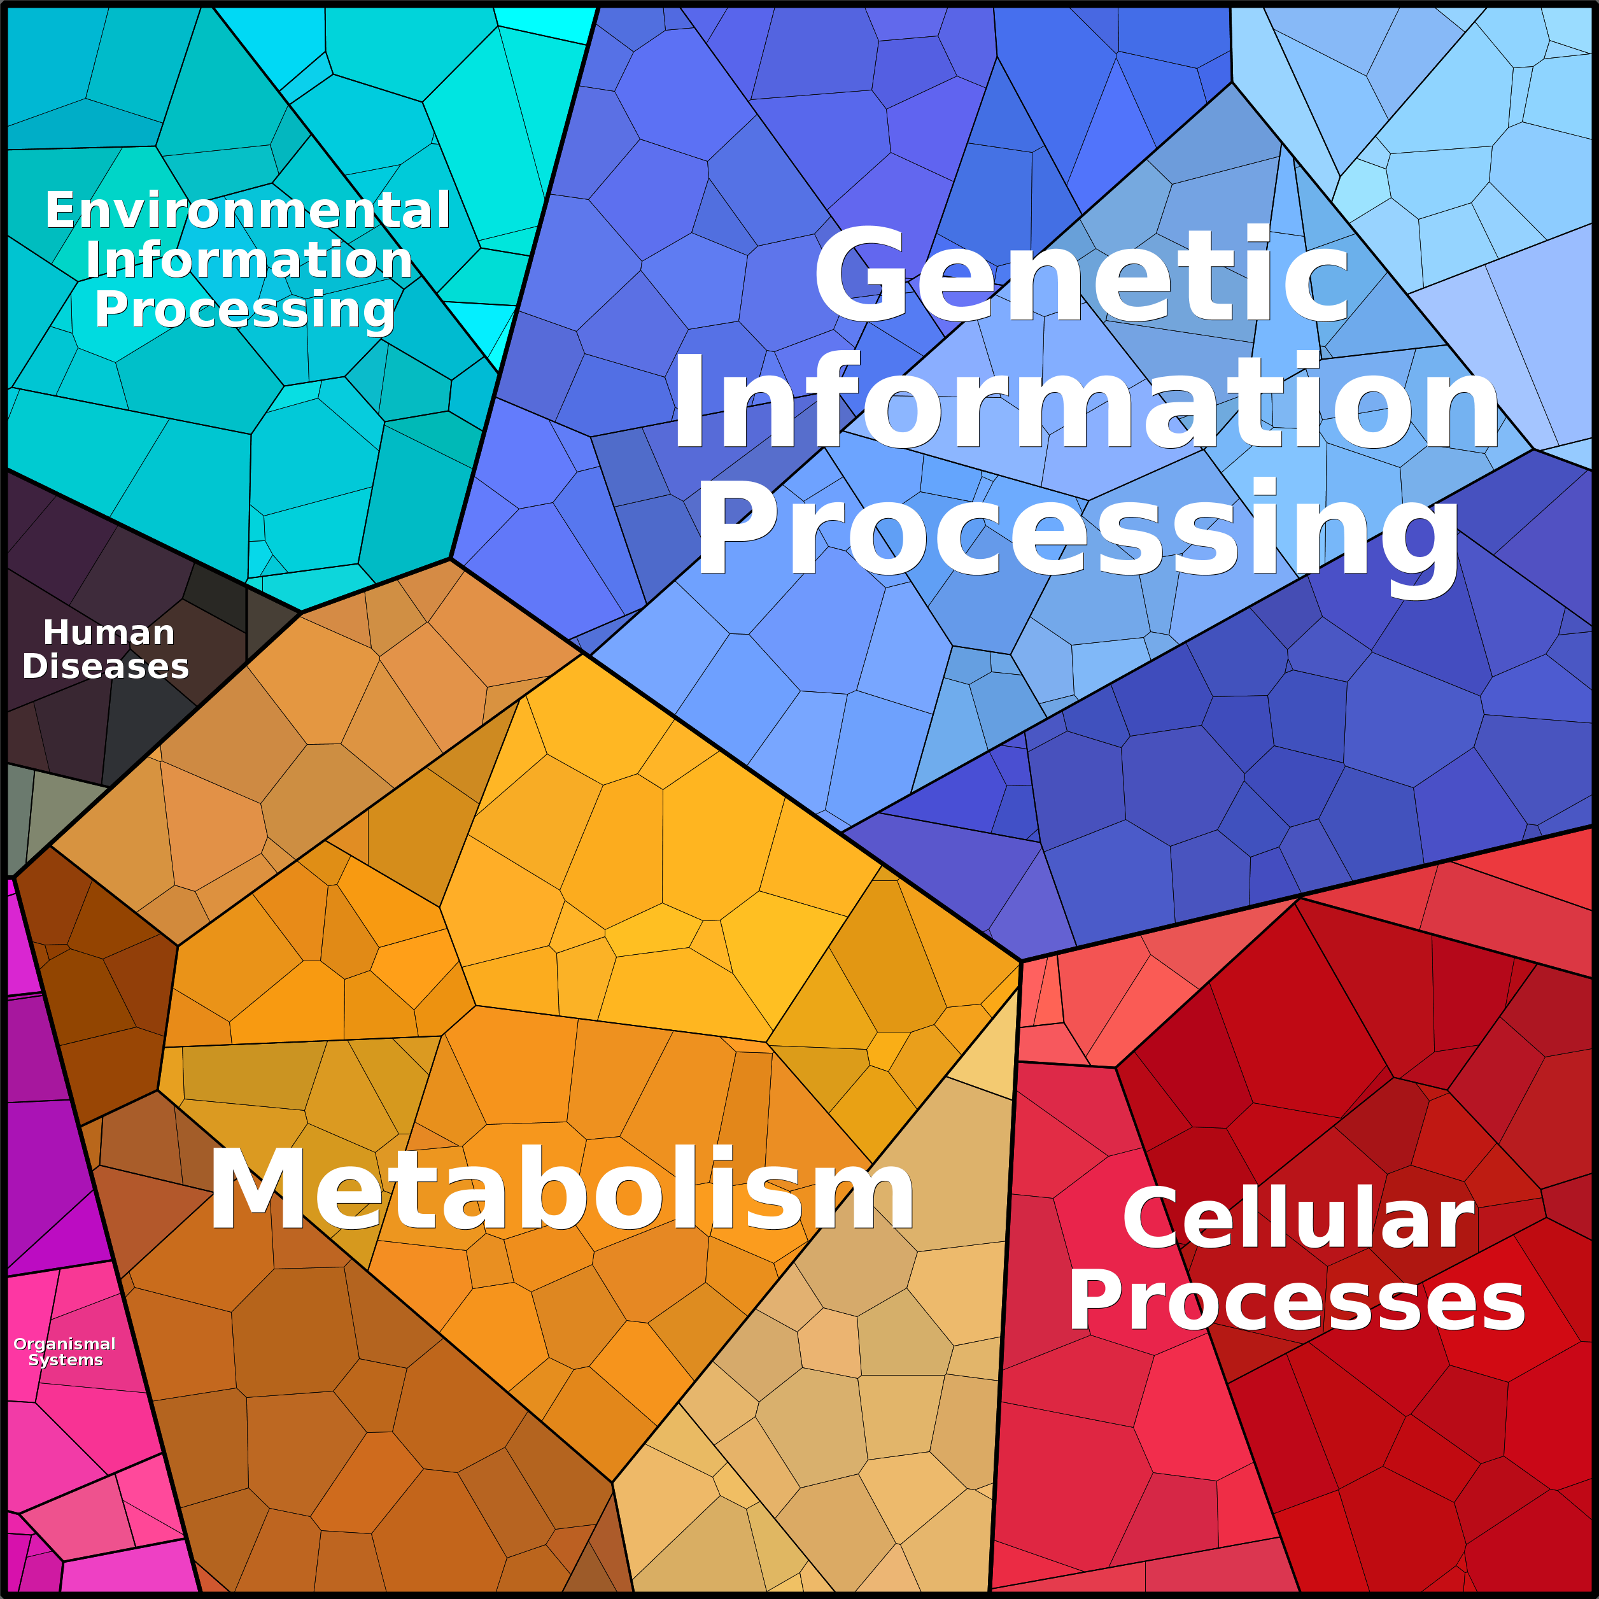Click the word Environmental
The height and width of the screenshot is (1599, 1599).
(248, 210)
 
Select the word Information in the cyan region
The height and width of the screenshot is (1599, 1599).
(248, 260)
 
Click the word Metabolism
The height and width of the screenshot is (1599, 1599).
(561, 1189)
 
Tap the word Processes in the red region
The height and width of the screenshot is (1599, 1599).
(1297, 1302)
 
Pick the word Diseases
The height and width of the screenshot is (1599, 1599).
(105, 666)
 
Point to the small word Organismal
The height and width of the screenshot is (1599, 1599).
(64, 1344)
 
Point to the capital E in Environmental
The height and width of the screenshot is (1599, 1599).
(60, 210)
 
